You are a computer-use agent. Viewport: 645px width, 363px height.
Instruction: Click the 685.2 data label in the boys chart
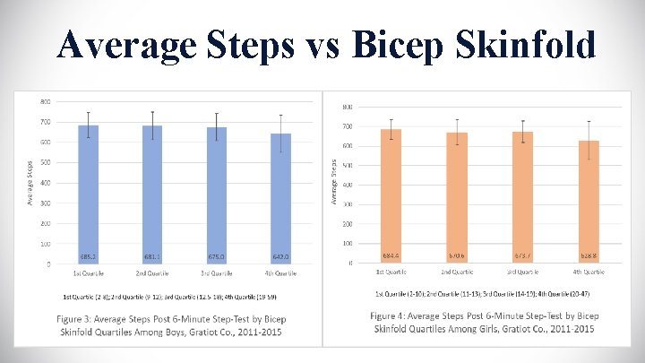pos(88,256)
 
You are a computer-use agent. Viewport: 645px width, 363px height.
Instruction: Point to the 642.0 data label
pos(280,256)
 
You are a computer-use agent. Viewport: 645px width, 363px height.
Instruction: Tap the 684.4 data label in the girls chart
pos(391,256)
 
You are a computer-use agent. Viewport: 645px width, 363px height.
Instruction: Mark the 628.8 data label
pos(589,256)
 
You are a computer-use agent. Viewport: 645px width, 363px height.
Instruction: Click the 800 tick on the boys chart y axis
pos(45,101)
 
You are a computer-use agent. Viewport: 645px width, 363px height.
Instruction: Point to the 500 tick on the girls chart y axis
pos(347,165)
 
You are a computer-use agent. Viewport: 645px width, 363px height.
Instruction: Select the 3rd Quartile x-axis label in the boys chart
pos(216,272)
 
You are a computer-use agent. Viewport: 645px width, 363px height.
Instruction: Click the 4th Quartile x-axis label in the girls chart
pos(589,271)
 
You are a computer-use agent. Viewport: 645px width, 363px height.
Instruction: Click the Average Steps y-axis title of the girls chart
pos(334,180)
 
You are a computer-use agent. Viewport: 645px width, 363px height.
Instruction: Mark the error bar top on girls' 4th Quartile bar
pos(589,121)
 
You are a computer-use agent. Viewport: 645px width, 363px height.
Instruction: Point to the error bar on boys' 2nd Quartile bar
pos(152,125)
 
